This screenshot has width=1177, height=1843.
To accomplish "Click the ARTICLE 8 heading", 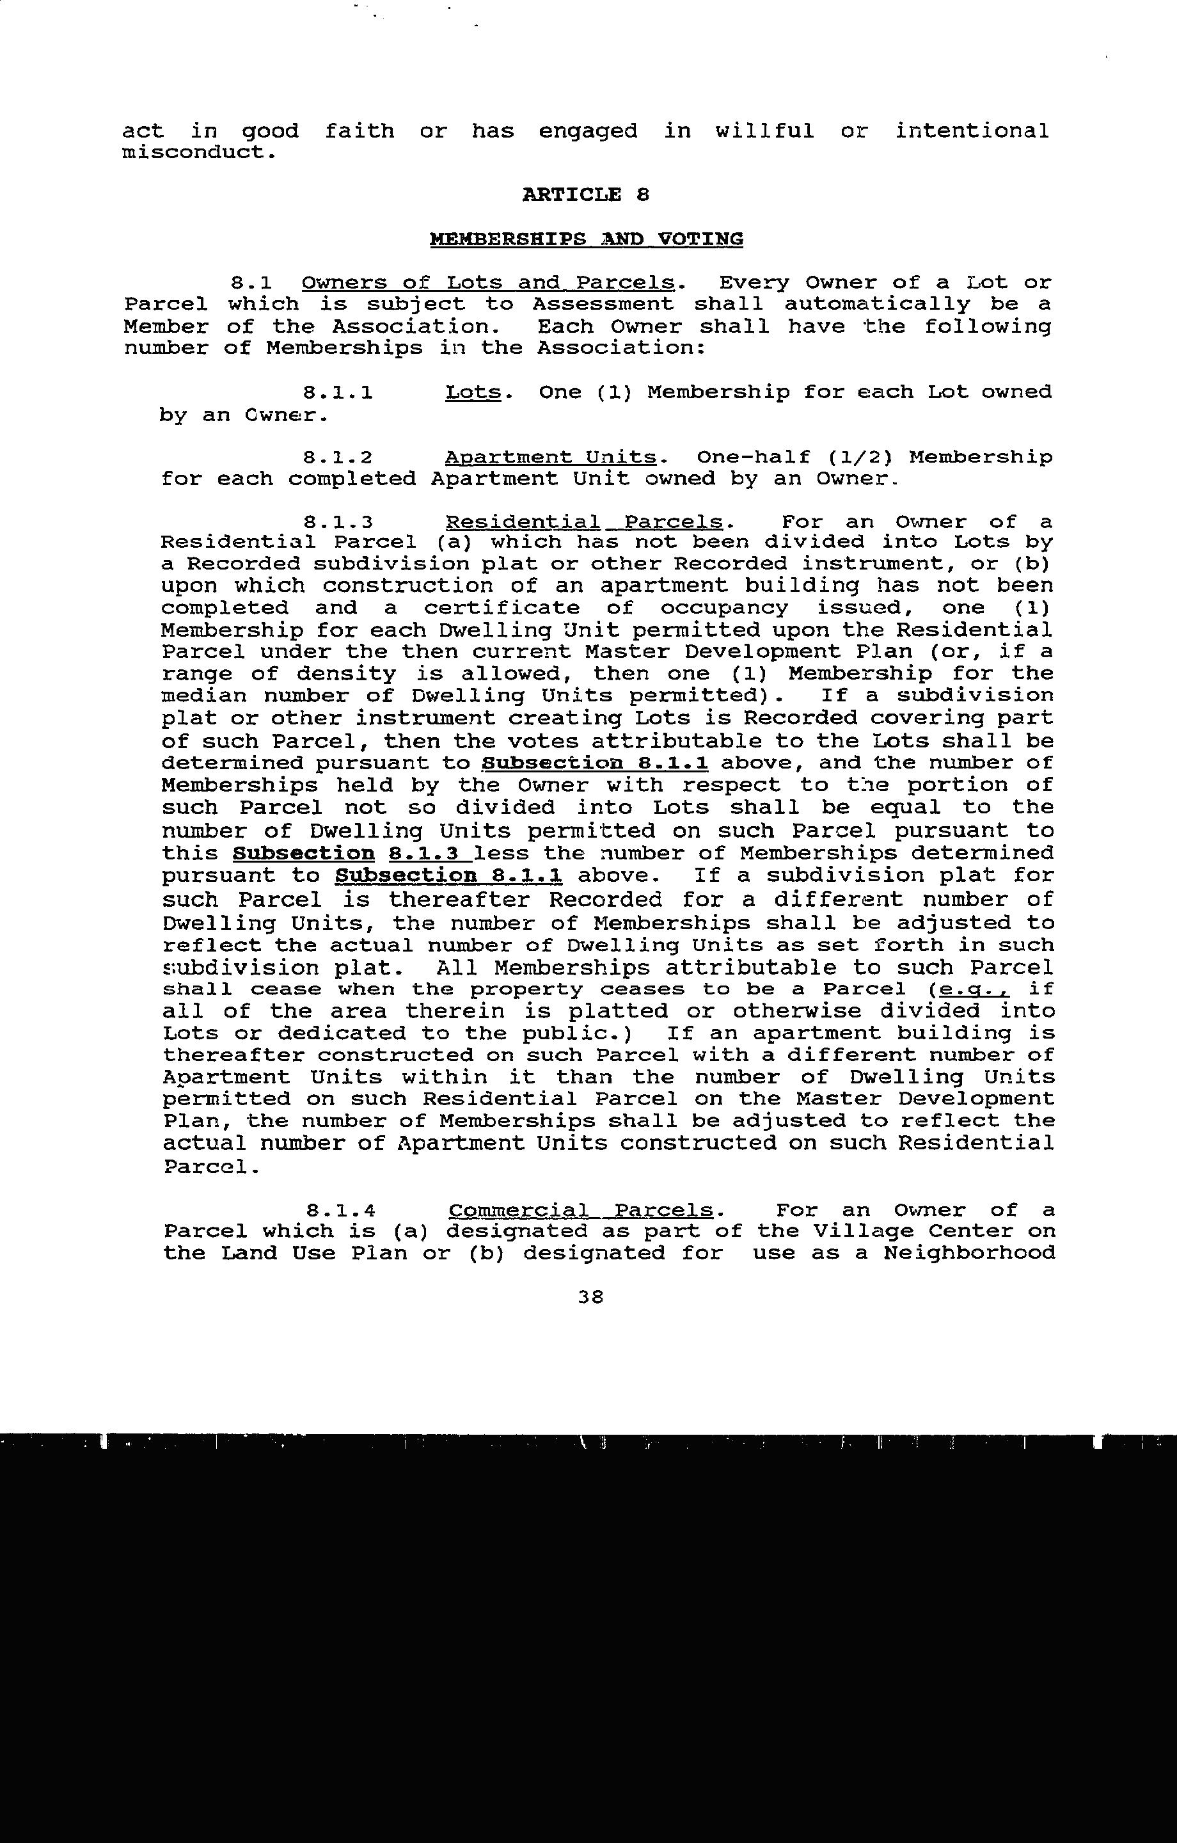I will pyautogui.click(x=585, y=195).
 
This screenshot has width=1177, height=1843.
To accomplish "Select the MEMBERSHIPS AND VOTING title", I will pyautogui.click(x=586, y=239).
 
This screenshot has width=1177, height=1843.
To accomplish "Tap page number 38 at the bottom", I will pyautogui.click(x=591, y=1296).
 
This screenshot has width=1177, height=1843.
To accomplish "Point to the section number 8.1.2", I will pyautogui.click(x=338, y=458).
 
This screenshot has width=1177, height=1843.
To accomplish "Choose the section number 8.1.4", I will pyautogui.click(x=340, y=1210).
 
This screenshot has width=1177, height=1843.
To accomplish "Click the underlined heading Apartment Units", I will pyautogui.click(x=550, y=458).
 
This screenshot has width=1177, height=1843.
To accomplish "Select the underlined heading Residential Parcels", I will pyautogui.click(x=584, y=522).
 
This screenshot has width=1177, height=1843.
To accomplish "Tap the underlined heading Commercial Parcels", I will pyautogui.click(x=581, y=1210).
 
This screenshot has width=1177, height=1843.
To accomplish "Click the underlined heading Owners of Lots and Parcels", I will pyautogui.click(x=487, y=282).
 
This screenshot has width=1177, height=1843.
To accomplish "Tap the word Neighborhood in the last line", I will pyautogui.click(x=969, y=1253).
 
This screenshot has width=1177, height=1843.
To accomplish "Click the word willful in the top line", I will pyautogui.click(x=764, y=131).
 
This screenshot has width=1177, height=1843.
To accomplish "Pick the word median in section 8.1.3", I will pyautogui.click(x=203, y=696).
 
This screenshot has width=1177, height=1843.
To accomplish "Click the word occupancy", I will pyautogui.click(x=723, y=608).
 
